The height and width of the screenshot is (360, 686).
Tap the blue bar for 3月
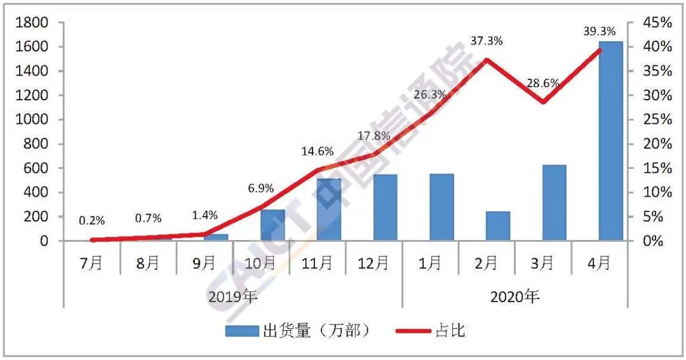(x=555, y=203)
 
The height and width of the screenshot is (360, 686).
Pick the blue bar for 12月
(x=386, y=208)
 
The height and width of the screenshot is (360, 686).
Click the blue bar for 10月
(x=272, y=225)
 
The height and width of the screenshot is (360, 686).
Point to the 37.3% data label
(x=487, y=41)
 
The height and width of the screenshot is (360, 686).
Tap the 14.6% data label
(x=317, y=152)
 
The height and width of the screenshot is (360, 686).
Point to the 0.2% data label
(x=92, y=221)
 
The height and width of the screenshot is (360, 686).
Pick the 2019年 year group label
(x=233, y=296)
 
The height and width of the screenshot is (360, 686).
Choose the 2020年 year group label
(x=514, y=296)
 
